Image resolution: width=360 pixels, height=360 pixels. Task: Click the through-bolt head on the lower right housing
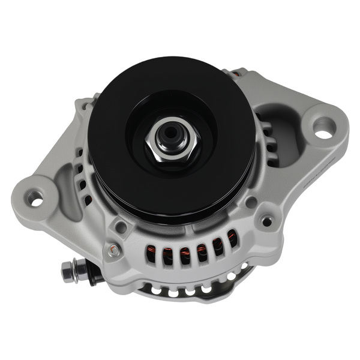coord(266,221)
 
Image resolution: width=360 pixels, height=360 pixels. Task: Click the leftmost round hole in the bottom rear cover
coord(157,290)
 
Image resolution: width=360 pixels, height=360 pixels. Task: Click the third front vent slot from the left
coord(185,252)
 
